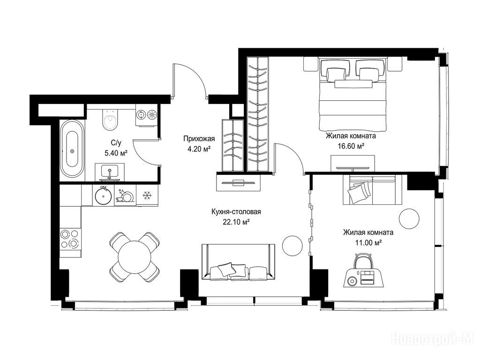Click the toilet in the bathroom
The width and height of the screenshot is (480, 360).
[109, 120]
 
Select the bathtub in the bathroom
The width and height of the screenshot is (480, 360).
[72, 149]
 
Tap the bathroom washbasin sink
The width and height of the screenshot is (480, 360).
[109, 172]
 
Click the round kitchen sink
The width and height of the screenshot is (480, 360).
[103, 196]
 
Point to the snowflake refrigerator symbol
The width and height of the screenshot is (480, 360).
[147, 195]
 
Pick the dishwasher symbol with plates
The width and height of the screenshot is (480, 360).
[125, 195]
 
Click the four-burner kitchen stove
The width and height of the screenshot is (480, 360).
[70, 239]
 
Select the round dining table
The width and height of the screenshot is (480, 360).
[134, 256]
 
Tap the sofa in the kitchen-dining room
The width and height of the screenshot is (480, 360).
[238, 262]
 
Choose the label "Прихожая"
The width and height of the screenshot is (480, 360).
[199, 139]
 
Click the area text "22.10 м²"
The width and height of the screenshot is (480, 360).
[236, 222]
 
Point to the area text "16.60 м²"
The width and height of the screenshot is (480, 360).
[351, 146]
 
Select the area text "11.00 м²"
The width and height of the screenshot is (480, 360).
[368, 243]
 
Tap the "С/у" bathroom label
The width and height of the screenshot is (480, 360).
[116, 142]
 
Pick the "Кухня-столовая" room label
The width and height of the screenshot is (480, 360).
[236, 212]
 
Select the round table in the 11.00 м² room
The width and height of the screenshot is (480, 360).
[409, 218]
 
